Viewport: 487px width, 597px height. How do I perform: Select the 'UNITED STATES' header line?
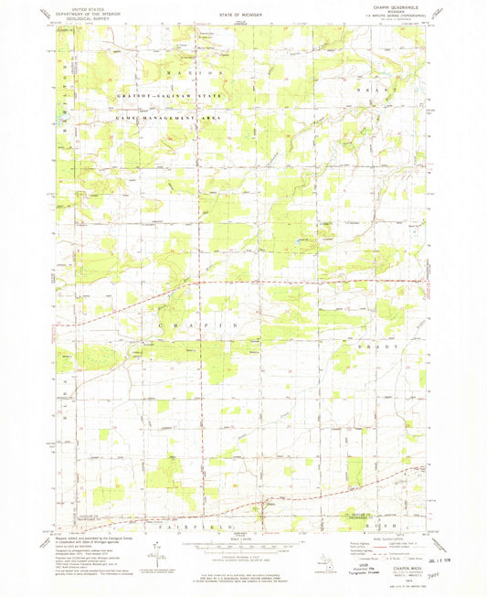coord(77,5)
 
